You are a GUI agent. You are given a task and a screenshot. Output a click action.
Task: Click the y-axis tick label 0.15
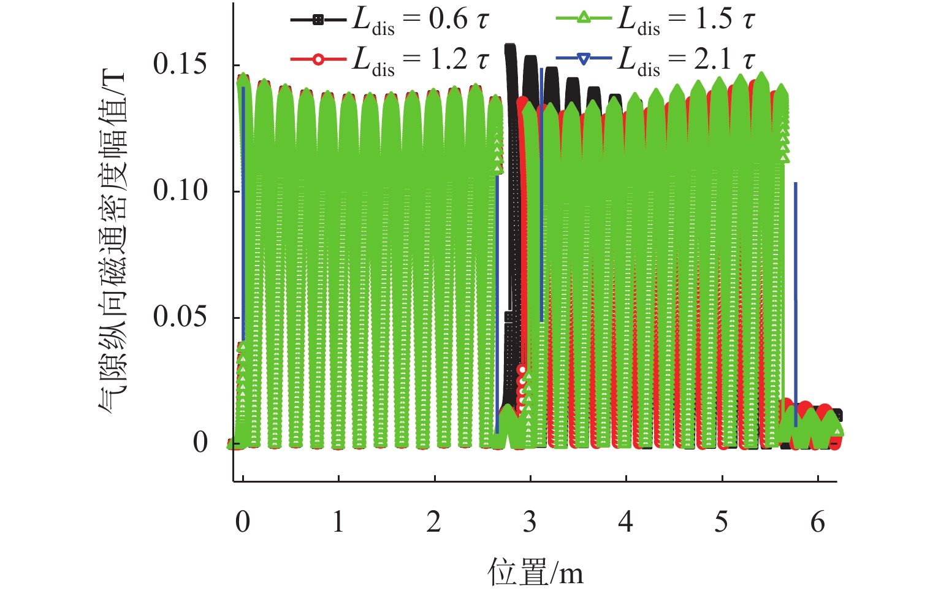pyautogui.click(x=180, y=64)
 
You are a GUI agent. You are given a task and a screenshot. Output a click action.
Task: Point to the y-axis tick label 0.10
pyautogui.click(x=180, y=190)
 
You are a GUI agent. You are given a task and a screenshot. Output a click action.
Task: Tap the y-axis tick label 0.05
pyautogui.click(x=180, y=316)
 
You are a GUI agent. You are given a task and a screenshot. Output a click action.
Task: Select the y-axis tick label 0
pyautogui.click(x=200, y=443)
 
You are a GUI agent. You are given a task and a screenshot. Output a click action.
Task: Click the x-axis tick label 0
pyautogui.click(x=243, y=522)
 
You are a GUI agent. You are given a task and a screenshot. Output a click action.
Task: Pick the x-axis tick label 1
pyautogui.click(x=338, y=522)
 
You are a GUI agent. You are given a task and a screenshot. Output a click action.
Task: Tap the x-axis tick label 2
pyautogui.click(x=434, y=522)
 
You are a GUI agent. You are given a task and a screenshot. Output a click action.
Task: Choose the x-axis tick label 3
pyautogui.click(x=530, y=522)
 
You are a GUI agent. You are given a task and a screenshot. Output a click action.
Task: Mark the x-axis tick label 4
pyautogui.click(x=625, y=522)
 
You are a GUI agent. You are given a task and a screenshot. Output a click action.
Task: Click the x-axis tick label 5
pyautogui.click(x=722, y=522)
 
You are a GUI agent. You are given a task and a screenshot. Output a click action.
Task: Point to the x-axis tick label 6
pyautogui.click(x=818, y=522)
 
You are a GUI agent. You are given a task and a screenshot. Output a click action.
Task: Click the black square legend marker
pyautogui.click(x=318, y=20)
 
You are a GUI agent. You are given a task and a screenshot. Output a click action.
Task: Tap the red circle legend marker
pyautogui.click(x=318, y=59)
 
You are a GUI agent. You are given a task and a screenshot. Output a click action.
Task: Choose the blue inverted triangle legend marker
pyautogui.click(x=584, y=59)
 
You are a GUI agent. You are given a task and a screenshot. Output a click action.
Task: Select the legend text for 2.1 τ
pyautogui.click(x=687, y=60)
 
